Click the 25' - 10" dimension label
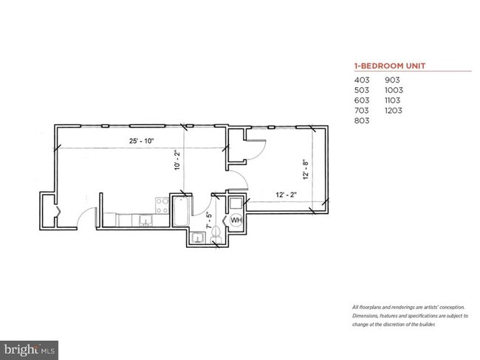pyautogui.click(x=142, y=141)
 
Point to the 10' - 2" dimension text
pyautogui.click(x=177, y=159)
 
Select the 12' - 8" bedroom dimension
pyautogui.click(x=306, y=169)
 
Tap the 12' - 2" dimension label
pyautogui.click(x=287, y=195)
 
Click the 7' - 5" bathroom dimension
pyautogui.click(x=210, y=221)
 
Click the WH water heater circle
pyautogui.click(x=236, y=220)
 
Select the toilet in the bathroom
pyautogui.click(x=216, y=234)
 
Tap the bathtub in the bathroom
pyautogui.click(x=181, y=211)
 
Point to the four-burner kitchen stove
pyautogui.click(x=162, y=206)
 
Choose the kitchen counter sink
pyautogui.click(x=145, y=221)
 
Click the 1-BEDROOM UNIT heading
pyautogui.click(x=390, y=66)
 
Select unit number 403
pyautogui.click(x=362, y=80)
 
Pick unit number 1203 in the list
pyautogui.click(x=394, y=111)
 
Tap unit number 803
pyautogui.click(x=362, y=120)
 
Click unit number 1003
pyautogui.click(x=394, y=90)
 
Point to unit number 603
pyautogui.click(x=362, y=100)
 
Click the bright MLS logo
pyautogui.click(x=29, y=350)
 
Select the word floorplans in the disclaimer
pyautogui.click(x=370, y=308)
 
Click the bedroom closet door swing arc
pyautogui.click(x=260, y=150)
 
